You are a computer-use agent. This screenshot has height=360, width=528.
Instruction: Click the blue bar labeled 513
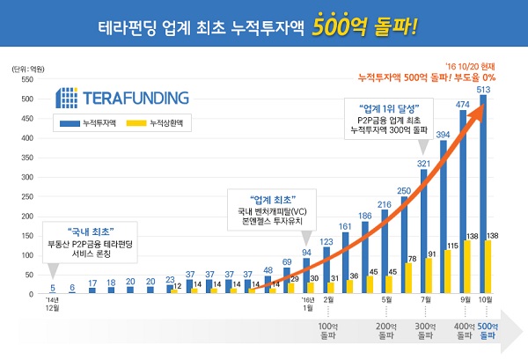point(482,194)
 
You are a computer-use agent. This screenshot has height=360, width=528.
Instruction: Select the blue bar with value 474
point(463,203)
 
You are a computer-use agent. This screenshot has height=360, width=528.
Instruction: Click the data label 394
point(443,134)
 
